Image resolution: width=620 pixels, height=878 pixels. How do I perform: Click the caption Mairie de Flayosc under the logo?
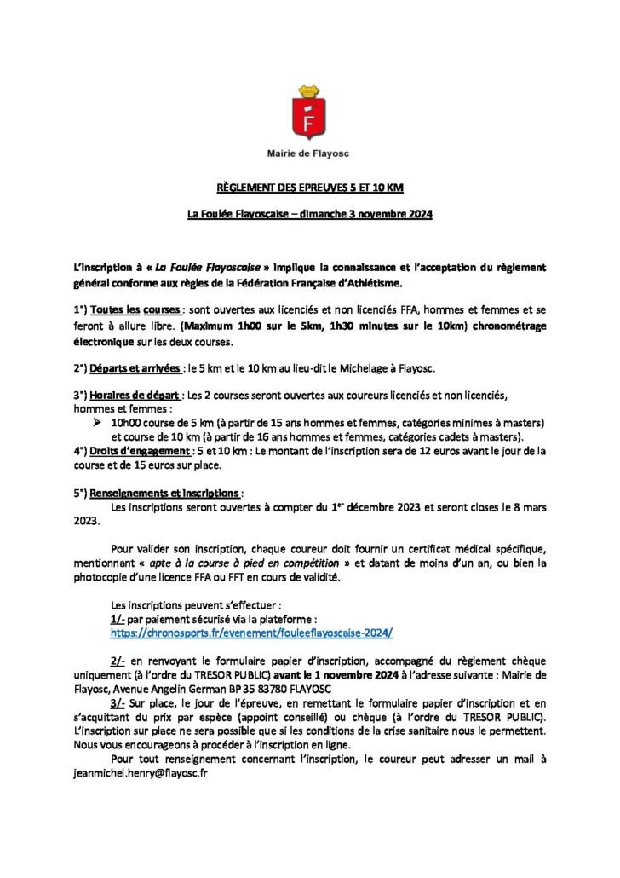coord(309,153)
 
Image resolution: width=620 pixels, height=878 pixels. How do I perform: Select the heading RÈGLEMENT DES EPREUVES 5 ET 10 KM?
coord(309,187)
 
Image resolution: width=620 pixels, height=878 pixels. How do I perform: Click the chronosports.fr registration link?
coord(251,633)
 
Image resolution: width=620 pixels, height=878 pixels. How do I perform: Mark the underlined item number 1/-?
coord(120,620)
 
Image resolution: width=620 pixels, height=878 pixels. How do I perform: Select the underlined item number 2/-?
coord(120,661)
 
